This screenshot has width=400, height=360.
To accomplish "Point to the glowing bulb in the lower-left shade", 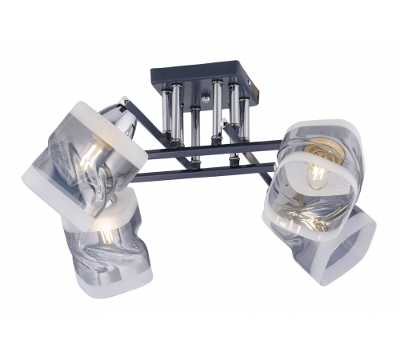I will tap(104, 232).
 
